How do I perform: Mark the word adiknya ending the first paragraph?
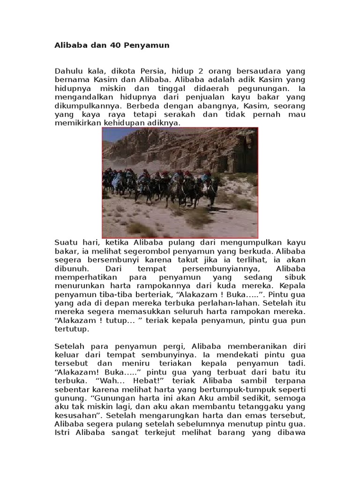(x=166, y=123)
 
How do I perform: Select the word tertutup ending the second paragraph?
(x=71, y=329)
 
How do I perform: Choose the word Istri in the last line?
(x=64, y=432)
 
